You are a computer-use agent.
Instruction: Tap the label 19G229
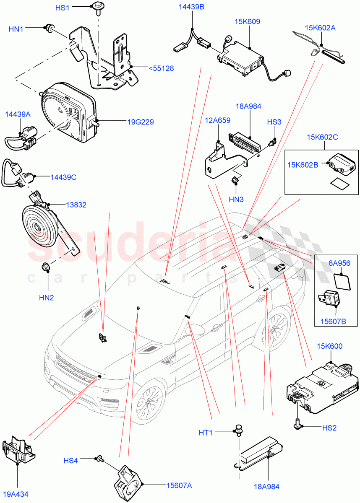tap(141, 122)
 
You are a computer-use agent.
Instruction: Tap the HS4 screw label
tap(70, 460)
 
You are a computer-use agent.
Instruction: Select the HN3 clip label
tap(236, 200)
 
